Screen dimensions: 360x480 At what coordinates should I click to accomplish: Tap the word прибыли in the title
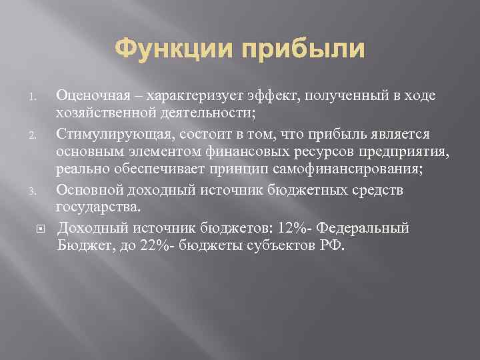[308, 49]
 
